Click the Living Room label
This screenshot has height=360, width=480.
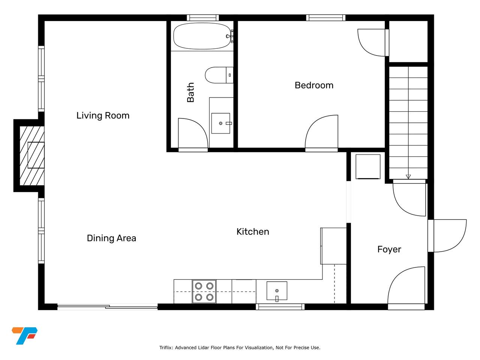click(x=103, y=115)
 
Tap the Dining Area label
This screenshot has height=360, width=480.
click(x=111, y=238)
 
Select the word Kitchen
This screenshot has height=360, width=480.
click(x=253, y=232)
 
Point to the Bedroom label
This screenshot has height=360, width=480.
click(x=314, y=85)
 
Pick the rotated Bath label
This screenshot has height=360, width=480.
click(x=190, y=93)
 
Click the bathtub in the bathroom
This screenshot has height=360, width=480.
click(x=202, y=36)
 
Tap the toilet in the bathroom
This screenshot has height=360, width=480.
click(x=219, y=75)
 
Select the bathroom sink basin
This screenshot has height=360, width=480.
click(x=220, y=123)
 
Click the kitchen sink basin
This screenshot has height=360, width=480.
click(x=277, y=291)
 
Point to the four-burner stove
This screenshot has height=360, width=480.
click(x=204, y=292)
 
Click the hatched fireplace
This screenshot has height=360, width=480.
click(x=32, y=156)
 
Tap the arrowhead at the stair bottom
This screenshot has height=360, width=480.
click(x=408, y=177)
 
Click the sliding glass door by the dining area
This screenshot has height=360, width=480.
click(x=107, y=307)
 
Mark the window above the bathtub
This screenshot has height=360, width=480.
click(x=203, y=18)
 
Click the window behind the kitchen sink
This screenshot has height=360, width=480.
click(x=280, y=307)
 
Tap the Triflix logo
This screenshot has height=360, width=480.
click(x=24, y=336)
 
